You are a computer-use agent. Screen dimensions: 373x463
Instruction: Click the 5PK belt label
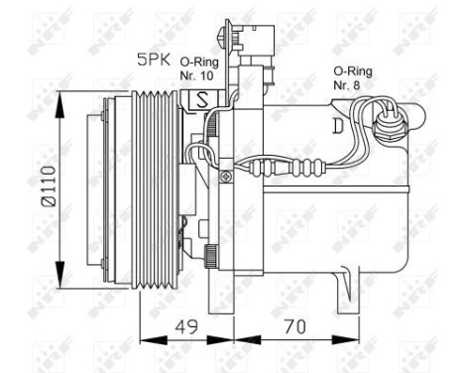pyautogui.click(x=152, y=60)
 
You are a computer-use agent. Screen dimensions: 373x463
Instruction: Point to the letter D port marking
pyautogui.click(x=338, y=125)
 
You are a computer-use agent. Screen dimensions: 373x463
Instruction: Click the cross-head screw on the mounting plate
pyautogui.click(x=227, y=178)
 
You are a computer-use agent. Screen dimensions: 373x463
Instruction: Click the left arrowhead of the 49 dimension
pyautogui.click(x=141, y=336)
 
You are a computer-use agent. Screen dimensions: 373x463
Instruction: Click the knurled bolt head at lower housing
pyautogui.click(x=212, y=255)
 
